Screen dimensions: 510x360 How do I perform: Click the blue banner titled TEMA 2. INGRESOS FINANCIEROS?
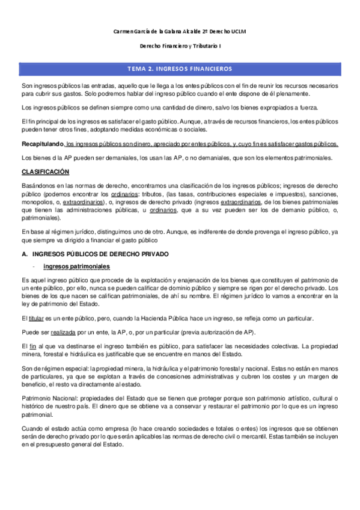(180, 69)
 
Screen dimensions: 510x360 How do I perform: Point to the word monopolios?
(38, 203)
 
